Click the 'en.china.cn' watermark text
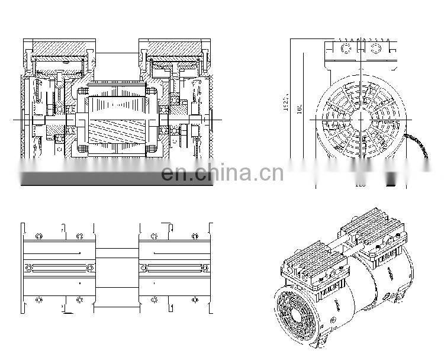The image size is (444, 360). click(x=222, y=173)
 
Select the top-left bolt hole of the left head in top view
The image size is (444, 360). click(x=39, y=236)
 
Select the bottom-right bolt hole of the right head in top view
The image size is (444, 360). click(x=195, y=300)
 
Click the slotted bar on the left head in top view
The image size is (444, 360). click(x=58, y=267)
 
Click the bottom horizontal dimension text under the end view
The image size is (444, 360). click(x=359, y=185)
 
